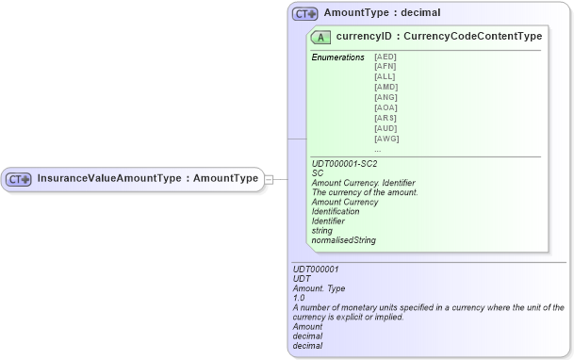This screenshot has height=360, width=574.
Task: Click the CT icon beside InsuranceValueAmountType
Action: click(20, 178)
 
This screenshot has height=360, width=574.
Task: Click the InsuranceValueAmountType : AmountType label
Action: click(147, 178)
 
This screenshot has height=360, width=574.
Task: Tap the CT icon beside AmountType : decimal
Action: click(305, 14)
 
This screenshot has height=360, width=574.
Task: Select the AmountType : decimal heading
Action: click(382, 14)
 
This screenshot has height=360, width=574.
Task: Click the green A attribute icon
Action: click(321, 38)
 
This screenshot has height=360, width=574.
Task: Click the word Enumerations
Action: click(337, 57)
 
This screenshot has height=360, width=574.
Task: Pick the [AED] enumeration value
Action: click(385, 57)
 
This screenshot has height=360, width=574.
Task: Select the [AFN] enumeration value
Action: click(385, 68)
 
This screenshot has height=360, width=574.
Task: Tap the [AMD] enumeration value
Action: click(386, 88)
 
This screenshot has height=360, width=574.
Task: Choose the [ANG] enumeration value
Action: click(386, 98)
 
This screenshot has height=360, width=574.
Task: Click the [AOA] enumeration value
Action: click(386, 108)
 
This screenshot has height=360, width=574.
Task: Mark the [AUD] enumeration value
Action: click(386, 129)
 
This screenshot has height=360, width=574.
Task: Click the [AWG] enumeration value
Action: click(386, 139)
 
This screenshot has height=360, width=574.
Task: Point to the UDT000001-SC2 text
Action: click(344, 164)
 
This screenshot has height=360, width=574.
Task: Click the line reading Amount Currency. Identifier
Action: click(363, 183)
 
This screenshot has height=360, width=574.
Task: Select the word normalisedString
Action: click(344, 240)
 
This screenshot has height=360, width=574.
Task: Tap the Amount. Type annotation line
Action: click(320, 287)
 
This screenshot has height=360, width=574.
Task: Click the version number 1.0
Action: click(299, 298)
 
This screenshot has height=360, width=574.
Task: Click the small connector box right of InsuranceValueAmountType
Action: click(269, 178)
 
